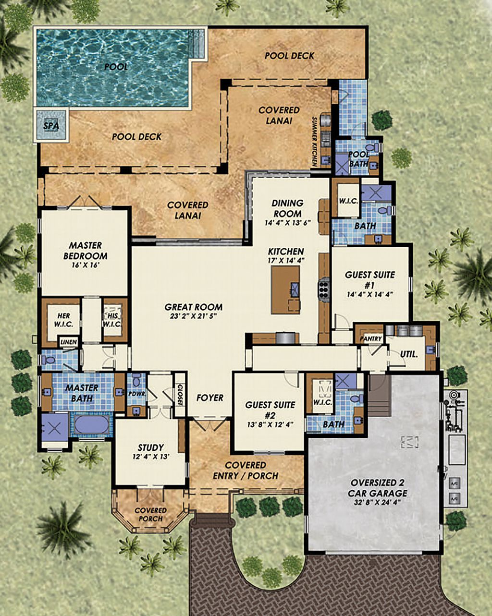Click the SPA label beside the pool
click(50, 126)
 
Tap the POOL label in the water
click(116, 67)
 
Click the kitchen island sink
click(294, 288)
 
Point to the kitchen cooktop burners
click(323, 289)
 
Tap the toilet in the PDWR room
click(136, 382)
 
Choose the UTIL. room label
click(408, 354)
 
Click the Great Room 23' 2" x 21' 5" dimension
click(193, 317)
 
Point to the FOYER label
click(210, 398)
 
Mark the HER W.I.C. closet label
click(63, 320)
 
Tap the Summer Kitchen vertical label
click(315, 141)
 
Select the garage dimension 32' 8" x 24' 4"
click(372, 502)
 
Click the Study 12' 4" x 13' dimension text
click(150, 457)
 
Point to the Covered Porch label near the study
click(150, 514)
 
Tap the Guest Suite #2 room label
click(271, 409)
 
